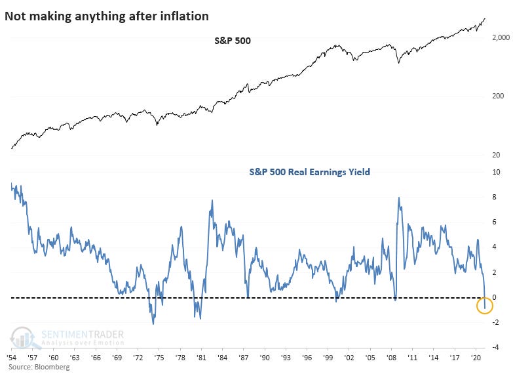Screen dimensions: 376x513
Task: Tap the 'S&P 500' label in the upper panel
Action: point(233,41)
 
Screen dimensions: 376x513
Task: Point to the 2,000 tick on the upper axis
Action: point(499,39)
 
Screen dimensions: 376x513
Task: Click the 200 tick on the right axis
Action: point(497,96)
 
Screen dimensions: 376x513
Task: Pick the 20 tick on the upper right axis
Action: point(496,155)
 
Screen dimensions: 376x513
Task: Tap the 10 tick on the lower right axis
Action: point(496,173)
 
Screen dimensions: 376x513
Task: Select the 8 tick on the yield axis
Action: point(495,198)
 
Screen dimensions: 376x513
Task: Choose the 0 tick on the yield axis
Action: point(495,297)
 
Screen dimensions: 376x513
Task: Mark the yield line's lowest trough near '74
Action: point(153,324)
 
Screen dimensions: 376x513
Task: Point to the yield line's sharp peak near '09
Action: point(399,197)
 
